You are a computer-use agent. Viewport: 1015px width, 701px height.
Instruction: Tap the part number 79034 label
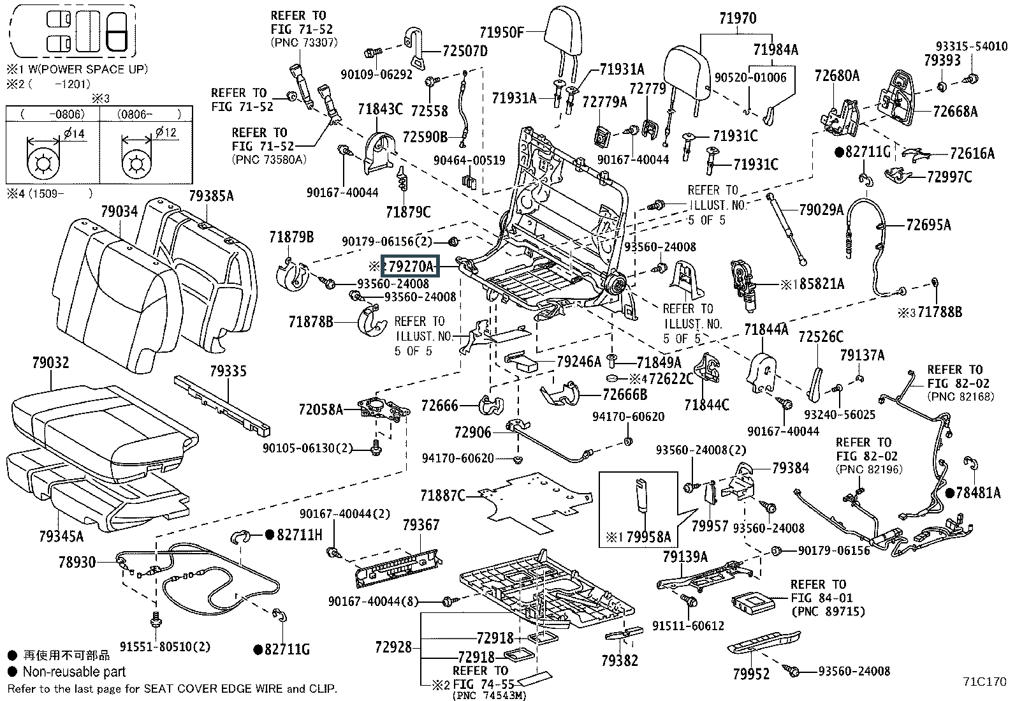119,211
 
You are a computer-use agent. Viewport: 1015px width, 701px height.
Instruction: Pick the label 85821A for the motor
822,284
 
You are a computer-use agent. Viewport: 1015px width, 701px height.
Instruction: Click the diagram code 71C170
984,682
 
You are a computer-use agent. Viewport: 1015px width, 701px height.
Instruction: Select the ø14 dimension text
74,133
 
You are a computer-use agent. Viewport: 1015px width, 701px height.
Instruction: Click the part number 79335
228,371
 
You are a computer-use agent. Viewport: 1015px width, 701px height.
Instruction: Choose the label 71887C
442,496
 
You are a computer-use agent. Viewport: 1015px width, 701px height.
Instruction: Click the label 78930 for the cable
77,562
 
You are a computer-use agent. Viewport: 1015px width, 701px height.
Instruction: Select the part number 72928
393,647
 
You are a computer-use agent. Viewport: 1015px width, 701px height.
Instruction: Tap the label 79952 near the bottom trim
751,674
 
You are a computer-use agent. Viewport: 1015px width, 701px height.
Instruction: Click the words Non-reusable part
74,672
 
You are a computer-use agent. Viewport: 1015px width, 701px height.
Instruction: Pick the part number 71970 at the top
738,18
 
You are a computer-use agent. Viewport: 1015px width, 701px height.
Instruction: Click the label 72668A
955,111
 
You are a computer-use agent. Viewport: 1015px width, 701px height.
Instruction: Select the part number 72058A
321,410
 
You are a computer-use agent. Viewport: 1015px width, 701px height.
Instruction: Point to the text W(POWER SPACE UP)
89,70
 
